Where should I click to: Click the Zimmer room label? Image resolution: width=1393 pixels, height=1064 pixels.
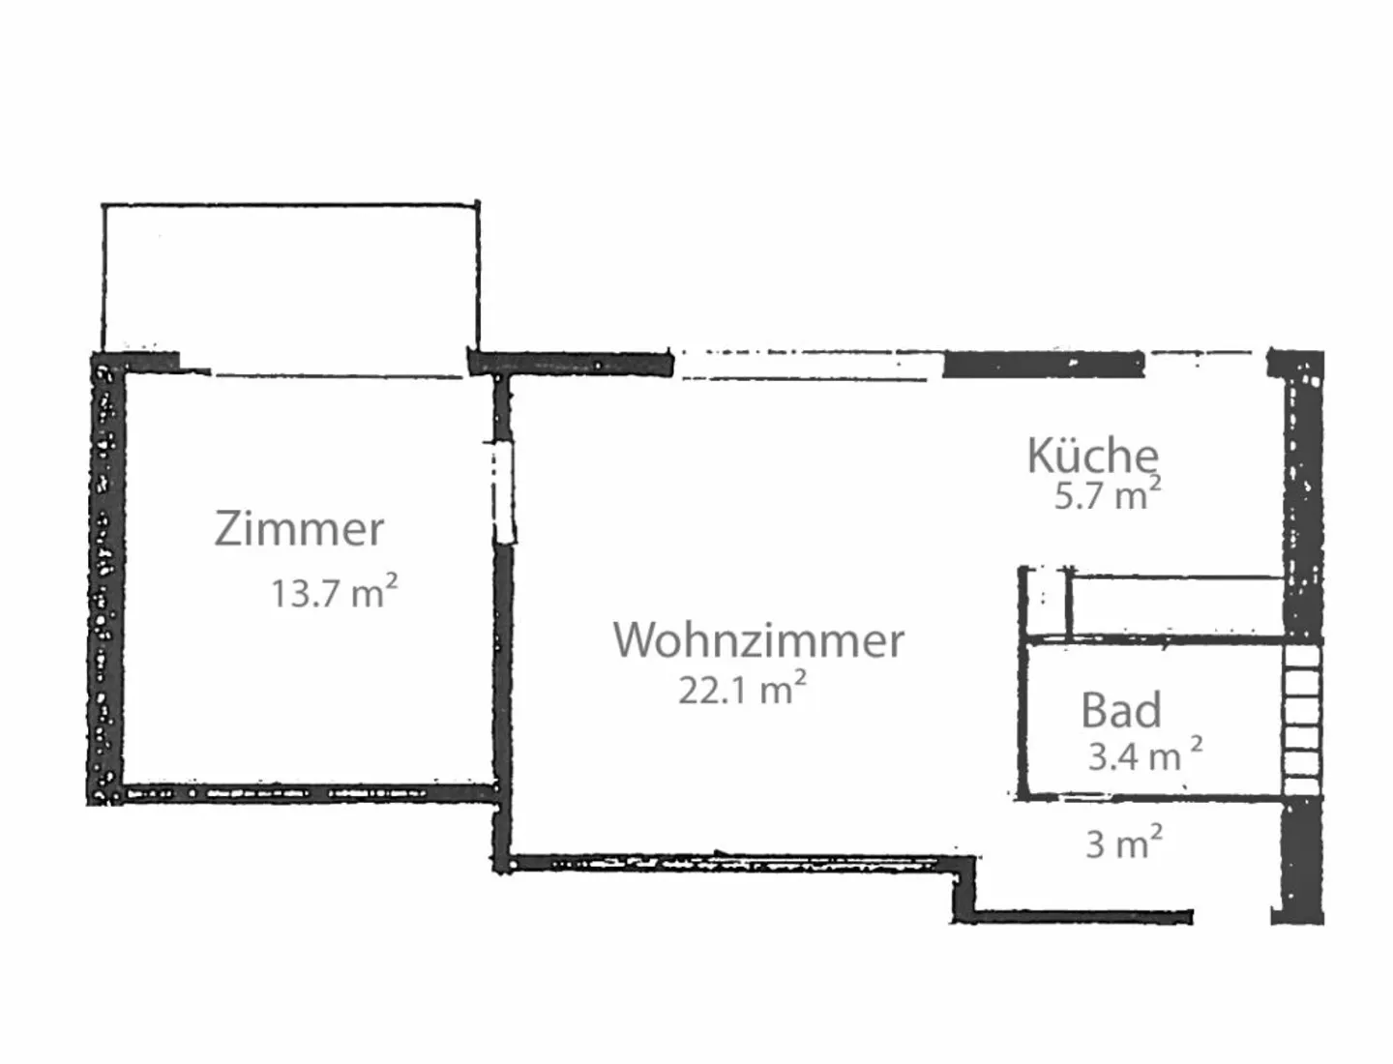tap(299, 529)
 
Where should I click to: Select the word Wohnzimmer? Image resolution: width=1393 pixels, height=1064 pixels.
tap(758, 640)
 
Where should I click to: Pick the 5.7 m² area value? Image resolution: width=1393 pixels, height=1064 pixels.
tap(1108, 493)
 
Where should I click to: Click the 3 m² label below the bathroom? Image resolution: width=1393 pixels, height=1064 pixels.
tap(1124, 842)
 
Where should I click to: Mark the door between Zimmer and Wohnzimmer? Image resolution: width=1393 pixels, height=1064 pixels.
tap(504, 492)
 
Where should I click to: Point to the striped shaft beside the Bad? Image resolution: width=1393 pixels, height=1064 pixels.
tap(1302, 721)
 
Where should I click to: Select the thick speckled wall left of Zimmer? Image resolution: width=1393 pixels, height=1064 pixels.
tap(104, 578)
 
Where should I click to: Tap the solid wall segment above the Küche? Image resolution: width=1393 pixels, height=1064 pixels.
tap(1044, 365)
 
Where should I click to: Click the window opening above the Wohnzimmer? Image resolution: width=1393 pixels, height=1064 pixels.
tap(807, 365)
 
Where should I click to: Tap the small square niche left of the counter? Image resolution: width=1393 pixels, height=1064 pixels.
tap(1045, 603)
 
